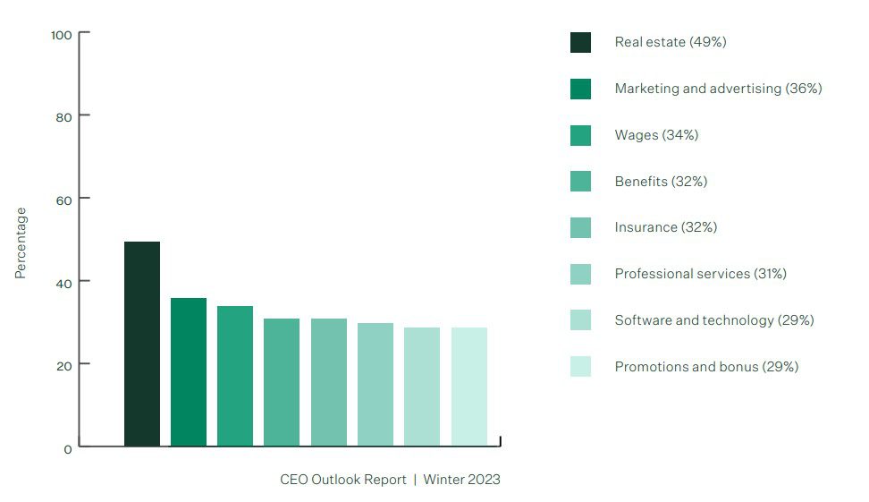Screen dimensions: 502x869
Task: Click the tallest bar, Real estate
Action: (x=142, y=344)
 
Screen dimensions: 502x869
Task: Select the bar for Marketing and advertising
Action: (x=189, y=371)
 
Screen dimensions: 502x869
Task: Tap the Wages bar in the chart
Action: (x=235, y=376)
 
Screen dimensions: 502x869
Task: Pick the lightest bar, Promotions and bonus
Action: (x=469, y=387)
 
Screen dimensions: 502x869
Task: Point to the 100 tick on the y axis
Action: (x=62, y=35)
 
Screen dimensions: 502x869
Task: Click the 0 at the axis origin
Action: (x=68, y=449)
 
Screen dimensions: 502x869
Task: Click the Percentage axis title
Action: (x=21, y=242)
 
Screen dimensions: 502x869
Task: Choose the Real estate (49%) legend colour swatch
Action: (x=580, y=43)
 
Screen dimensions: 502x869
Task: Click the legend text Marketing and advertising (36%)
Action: (x=718, y=89)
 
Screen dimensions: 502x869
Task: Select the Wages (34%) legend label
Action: (x=656, y=135)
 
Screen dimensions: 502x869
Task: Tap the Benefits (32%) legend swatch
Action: (x=580, y=182)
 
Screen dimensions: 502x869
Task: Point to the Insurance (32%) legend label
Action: (x=665, y=227)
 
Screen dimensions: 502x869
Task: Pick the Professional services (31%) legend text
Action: (x=700, y=274)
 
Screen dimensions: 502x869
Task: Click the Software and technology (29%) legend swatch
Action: (x=580, y=320)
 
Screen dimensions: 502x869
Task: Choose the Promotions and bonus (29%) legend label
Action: (x=706, y=367)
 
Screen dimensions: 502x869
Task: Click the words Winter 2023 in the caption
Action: (x=461, y=480)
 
